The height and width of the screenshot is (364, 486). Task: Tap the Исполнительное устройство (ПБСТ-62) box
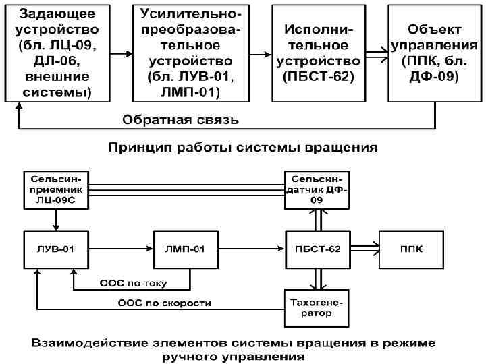point(317,51)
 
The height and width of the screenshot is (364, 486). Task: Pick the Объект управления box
point(434,51)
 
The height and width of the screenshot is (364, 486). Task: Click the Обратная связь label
point(180,121)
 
